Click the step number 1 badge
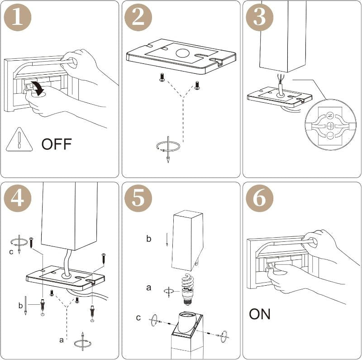click(x=18, y=17)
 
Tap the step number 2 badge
click(x=138, y=17)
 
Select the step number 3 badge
click(x=259, y=17)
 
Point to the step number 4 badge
click(x=18, y=198)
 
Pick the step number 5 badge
click(x=138, y=198)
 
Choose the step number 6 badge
click(x=259, y=198)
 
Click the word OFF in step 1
click(x=57, y=144)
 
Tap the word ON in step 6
click(x=259, y=314)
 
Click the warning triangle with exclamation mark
click(x=19, y=139)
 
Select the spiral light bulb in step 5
click(x=187, y=289)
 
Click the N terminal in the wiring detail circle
click(x=330, y=115)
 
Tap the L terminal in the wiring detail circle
click(x=330, y=135)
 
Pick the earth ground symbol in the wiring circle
click(x=330, y=125)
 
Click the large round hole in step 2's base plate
click(x=183, y=53)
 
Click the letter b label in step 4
click(x=20, y=306)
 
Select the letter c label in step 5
click(x=138, y=318)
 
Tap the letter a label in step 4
click(x=61, y=340)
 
